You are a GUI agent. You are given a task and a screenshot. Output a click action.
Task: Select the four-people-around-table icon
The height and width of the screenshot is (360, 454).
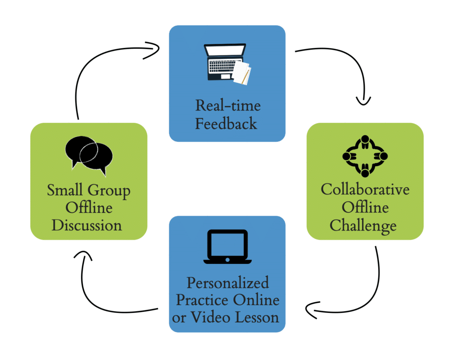pyautogui.click(x=365, y=156)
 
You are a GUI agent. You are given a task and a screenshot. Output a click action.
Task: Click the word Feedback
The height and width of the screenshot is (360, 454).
pyautogui.click(x=226, y=123)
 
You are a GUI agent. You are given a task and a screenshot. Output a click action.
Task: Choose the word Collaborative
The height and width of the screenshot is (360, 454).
pyautogui.click(x=365, y=190)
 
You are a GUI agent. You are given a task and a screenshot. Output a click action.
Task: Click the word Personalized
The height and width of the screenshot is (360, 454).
pyautogui.click(x=227, y=282)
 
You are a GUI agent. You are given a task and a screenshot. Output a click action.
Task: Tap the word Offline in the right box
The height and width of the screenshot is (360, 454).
pyautogui.click(x=365, y=207)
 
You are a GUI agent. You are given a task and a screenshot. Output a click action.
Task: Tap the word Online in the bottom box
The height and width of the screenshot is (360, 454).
pyautogui.click(x=259, y=300)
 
